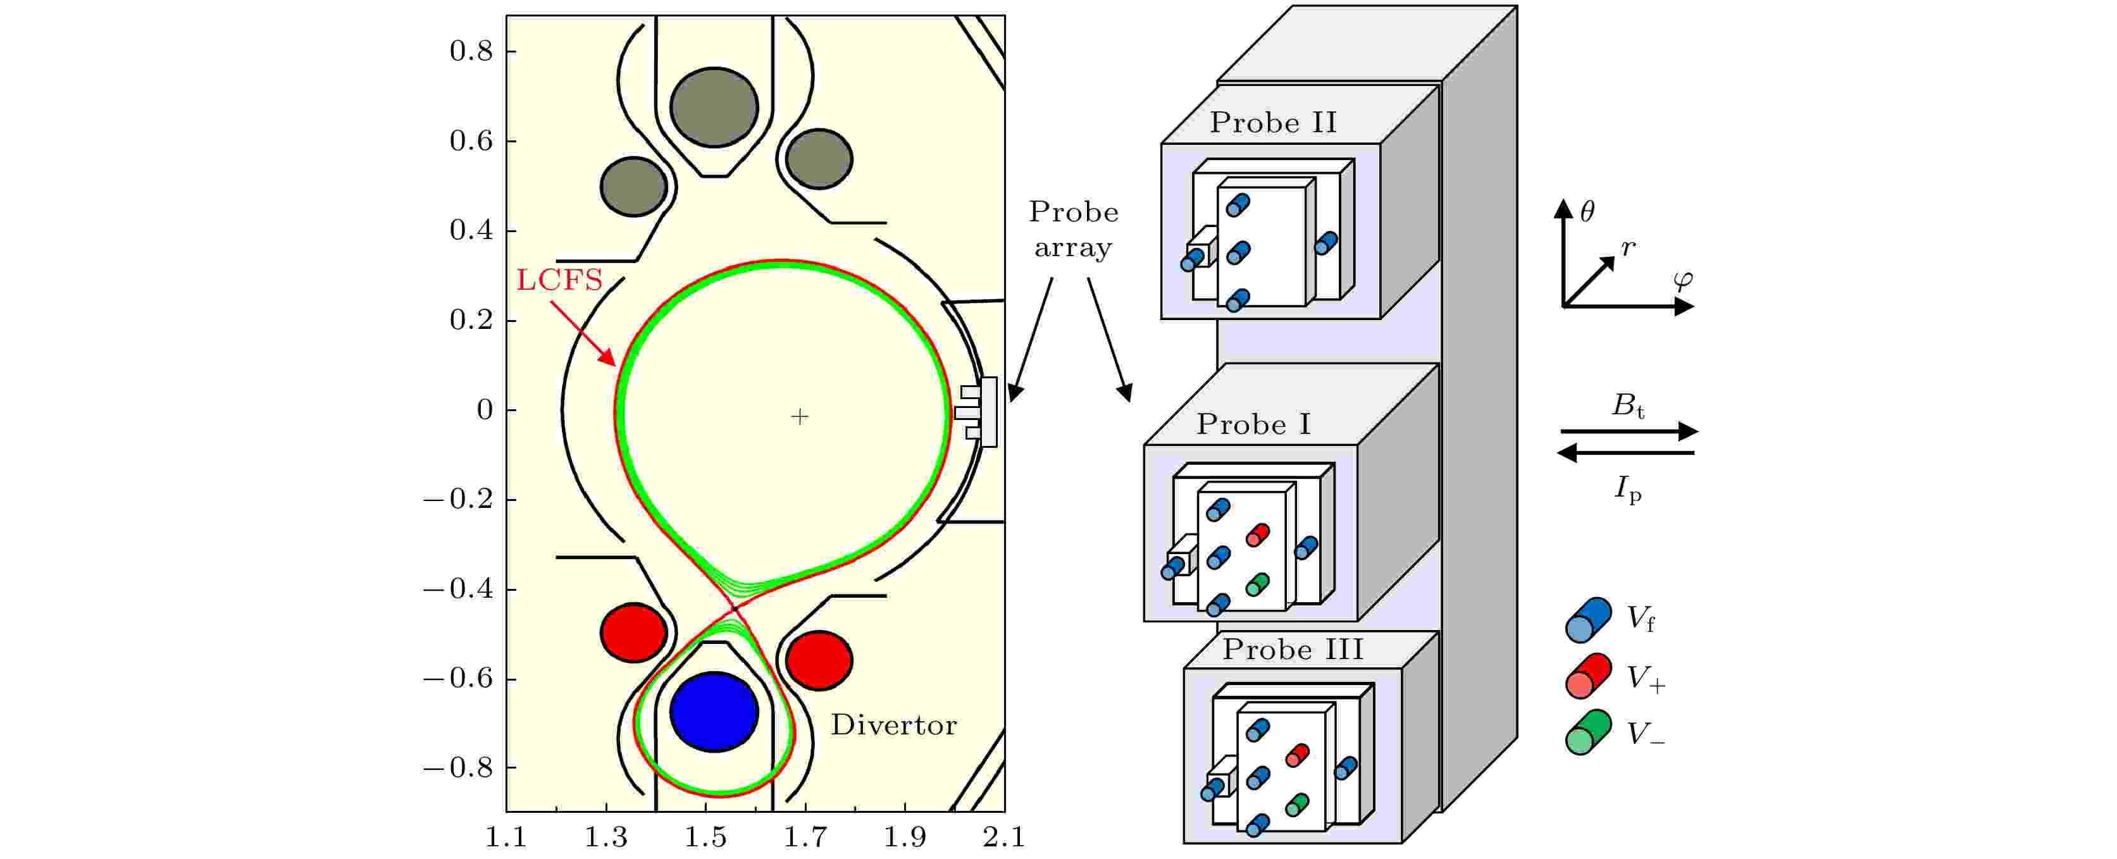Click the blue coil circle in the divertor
coord(714,712)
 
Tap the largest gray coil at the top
coord(714,108)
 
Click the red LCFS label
coord(560,280)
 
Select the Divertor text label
coord(893,725)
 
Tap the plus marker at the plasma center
coord(800,417)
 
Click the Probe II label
coord(1273,123)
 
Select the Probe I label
coord(1253,424)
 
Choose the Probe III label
coord(1293,650)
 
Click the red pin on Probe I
coord(1257,535)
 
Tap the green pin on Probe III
coord(1297,805)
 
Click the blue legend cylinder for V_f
coord(1588,620)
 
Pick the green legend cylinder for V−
coord(1588,732)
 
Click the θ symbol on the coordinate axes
coord(1588,212)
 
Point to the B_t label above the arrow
coord(1628,405)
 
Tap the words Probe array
coord(1073,230)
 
